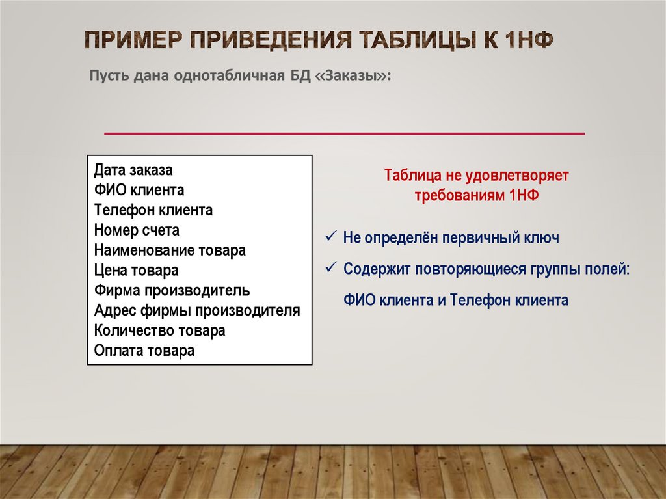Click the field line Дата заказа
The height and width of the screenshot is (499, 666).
[133, 170]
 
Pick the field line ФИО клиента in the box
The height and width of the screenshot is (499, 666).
[139, 191]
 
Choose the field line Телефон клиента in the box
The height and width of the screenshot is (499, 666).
[153, 210]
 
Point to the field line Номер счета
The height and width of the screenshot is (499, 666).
[137, 230]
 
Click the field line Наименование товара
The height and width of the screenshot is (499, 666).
[170, 250]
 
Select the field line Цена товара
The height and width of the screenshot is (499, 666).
[136, 270]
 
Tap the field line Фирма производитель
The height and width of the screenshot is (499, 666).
[172, 290]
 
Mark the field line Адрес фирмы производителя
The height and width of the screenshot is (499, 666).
[197, 310]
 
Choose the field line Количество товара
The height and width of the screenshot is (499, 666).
[159, 330]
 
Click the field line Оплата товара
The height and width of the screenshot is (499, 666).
[144, 351]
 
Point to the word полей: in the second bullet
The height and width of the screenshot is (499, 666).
[609, 269]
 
